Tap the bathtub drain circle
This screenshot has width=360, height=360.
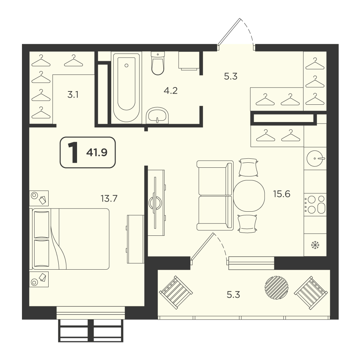(126, 66)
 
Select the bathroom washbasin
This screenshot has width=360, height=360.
(157, 115)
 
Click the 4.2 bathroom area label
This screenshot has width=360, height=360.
(171, 91)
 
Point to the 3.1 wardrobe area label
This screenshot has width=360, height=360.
(73, 95)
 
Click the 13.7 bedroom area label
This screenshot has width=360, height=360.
(109, 198)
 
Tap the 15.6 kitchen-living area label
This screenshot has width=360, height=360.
(282, 194)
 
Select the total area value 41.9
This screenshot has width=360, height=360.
(96, 152)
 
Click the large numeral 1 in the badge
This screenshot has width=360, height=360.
(73, 152)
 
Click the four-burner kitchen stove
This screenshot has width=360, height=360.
(315, 204)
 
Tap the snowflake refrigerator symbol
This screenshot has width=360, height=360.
(315, 245)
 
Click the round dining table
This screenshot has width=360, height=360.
(248, 195)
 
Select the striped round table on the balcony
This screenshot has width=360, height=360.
(276, 287)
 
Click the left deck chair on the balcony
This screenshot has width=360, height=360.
(176, 292)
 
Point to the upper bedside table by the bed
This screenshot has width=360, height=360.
(39, 198)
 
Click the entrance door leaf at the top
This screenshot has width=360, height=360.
(229, 31)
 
